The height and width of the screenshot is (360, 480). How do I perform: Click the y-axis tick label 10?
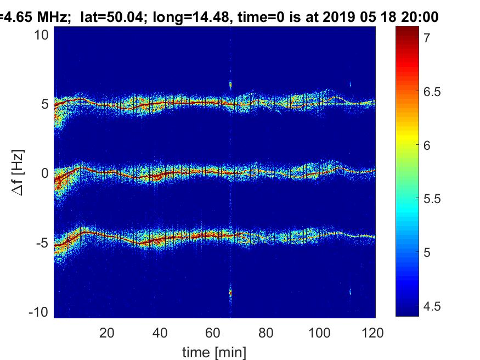[42, 35]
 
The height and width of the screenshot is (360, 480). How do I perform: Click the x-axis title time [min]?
[214, 351]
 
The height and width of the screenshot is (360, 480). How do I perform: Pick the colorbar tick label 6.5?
[432, 92]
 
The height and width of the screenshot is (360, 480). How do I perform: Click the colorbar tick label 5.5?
[432, 199]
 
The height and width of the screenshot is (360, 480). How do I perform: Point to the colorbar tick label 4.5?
[432, 306]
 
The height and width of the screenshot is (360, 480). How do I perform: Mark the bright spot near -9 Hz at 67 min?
[230, 293]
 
